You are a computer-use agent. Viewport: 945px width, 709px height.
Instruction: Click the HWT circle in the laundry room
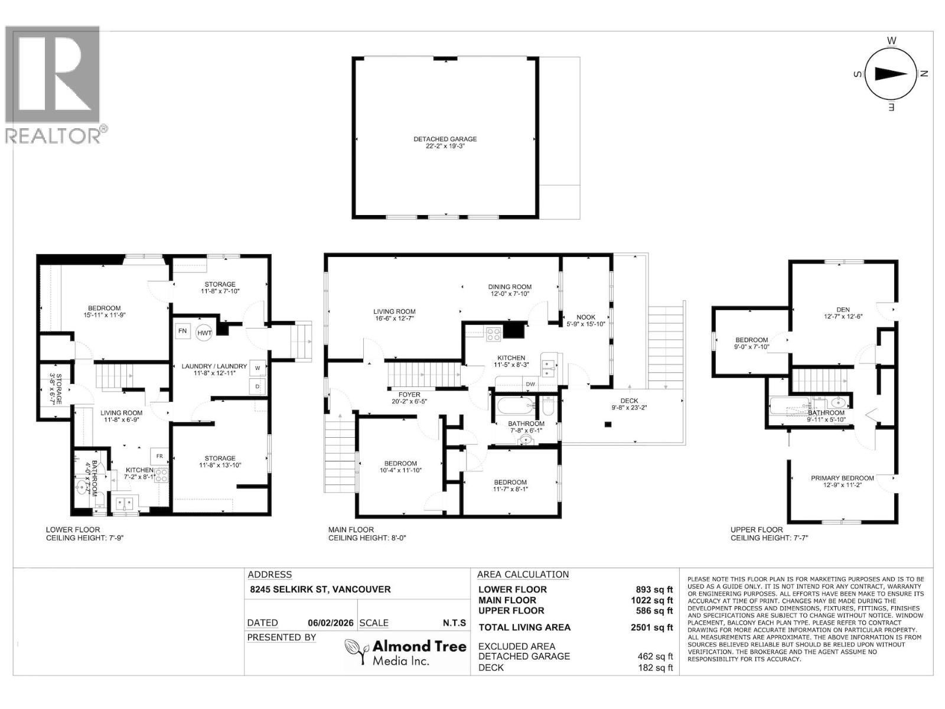click(204, 333)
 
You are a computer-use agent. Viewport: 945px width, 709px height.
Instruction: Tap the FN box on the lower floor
click(183, 331)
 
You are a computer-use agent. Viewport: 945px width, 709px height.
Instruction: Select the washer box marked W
click(258, 368)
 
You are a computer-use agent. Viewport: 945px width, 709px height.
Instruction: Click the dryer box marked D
click(258, 386)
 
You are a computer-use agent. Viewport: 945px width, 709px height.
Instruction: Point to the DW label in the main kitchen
click(530, 384)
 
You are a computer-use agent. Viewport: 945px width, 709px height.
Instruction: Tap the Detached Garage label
click(445, 139)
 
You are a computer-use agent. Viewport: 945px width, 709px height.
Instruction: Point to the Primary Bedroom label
click(842, 479)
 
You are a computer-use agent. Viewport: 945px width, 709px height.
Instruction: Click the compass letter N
click(924, 74)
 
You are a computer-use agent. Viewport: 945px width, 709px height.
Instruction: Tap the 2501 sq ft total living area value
click(651, 627)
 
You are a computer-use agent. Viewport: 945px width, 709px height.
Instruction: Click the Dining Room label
click(510, 287)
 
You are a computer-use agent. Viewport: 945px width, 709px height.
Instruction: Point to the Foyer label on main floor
click(409, 395)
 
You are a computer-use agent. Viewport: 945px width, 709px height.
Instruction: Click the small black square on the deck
click(608, 424)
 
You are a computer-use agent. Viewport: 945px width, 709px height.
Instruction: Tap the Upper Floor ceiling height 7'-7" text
click(768, 538)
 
